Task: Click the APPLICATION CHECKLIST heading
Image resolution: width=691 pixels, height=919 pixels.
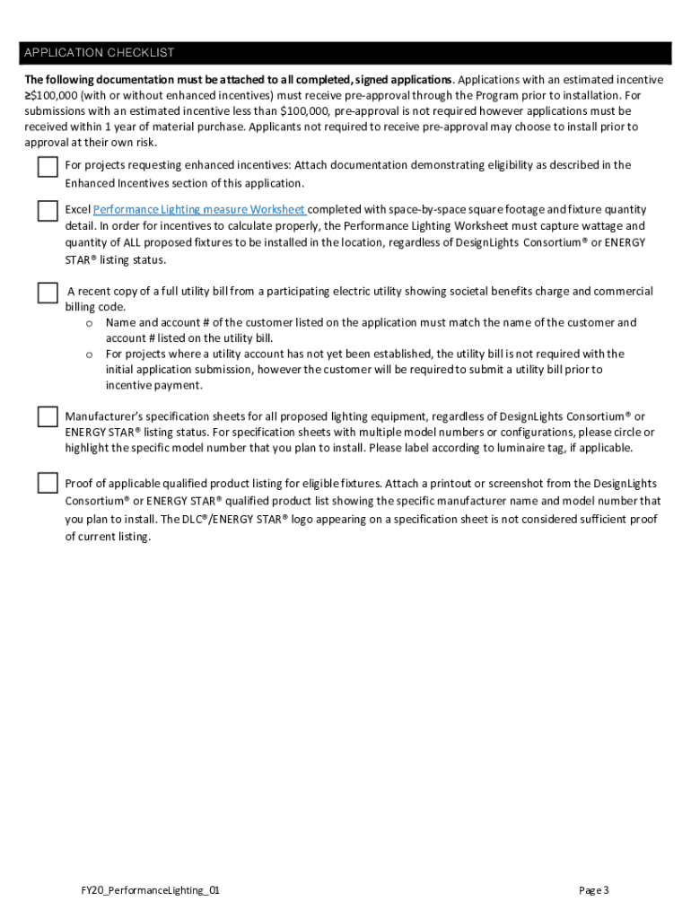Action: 100,53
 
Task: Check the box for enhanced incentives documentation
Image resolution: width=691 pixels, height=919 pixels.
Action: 48,167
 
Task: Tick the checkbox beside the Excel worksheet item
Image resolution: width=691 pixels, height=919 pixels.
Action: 48,211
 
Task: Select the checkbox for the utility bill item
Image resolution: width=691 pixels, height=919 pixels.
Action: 48,293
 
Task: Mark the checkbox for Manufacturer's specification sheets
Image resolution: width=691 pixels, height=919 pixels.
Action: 48,416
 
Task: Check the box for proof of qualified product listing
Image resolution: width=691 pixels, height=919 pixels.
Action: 48,484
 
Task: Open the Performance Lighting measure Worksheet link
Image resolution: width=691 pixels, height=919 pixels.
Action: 199,210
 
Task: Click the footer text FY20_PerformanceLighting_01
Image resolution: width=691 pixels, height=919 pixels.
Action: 150,890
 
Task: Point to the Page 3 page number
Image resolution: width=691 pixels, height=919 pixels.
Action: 594,890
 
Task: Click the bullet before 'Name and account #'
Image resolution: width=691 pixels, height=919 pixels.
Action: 90,323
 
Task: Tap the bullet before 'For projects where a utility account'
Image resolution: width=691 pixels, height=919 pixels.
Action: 90,354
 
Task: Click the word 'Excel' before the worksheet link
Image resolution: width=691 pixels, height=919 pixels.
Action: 78,210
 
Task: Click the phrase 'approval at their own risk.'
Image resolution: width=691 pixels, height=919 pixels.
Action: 91,143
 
